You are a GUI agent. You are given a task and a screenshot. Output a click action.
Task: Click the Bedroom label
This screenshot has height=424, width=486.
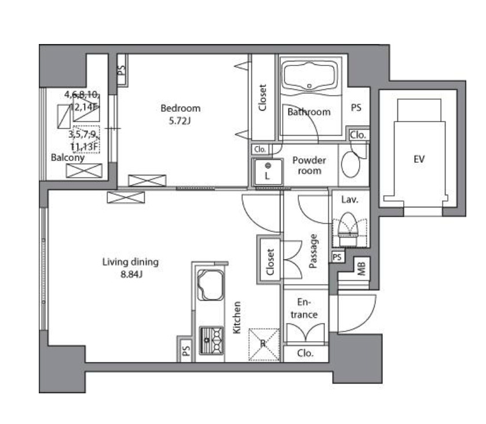tap(180, 108)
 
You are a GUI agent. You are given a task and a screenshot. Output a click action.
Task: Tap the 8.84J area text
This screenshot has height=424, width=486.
tap(131, 275)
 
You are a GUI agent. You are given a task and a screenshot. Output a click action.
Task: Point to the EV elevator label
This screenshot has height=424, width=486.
tap(419, 159)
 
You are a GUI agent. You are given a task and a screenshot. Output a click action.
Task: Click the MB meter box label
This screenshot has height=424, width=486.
tap(361, 268)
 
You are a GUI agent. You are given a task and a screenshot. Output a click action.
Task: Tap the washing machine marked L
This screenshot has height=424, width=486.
tap(268, 172)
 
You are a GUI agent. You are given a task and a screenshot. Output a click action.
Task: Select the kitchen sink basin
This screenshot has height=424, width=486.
tap(210, 285)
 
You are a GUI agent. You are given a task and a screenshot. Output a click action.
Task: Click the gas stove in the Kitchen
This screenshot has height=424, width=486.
tap(211, 341)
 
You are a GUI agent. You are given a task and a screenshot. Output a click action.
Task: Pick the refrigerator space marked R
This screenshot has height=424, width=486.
tap(264, 344)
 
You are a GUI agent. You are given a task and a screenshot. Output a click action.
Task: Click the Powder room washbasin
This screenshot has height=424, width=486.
tap(350, 165)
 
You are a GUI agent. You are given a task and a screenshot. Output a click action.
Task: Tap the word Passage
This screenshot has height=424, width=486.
tap(313, 251)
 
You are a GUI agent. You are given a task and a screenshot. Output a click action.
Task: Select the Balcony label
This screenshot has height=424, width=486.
tap(68, 158)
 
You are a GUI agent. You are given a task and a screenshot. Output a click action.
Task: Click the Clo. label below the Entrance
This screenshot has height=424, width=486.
tap(305, 353)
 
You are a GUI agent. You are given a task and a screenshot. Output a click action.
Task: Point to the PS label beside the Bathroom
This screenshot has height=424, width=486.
tap(356, 108)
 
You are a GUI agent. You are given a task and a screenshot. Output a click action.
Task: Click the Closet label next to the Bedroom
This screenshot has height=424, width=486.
tap(262, 98)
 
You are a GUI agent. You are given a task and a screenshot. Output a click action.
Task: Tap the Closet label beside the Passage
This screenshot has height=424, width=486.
tap(271, 262)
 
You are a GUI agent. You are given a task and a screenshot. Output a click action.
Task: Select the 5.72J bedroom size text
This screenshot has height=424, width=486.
tap(180, 120)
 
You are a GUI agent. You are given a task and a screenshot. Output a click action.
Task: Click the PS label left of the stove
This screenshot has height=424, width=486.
tap(187, 351)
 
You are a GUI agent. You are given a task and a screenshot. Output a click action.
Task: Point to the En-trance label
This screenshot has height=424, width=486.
tap(304, 308)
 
